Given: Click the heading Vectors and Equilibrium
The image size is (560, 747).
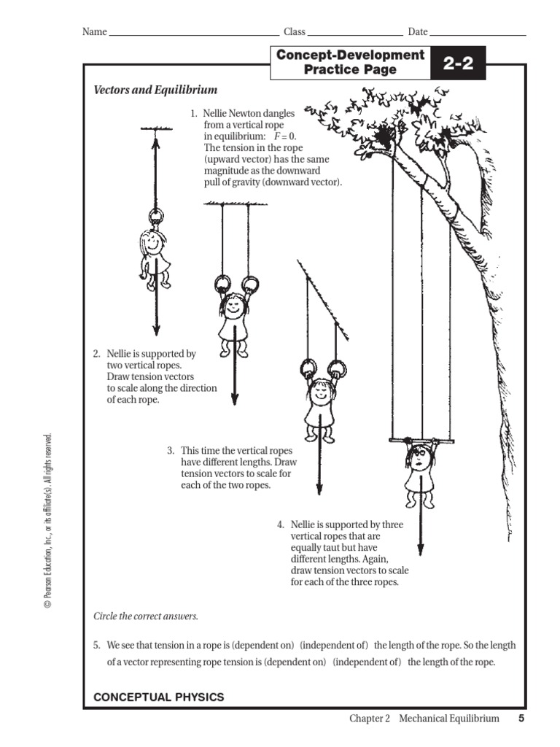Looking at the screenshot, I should tap(155, 90).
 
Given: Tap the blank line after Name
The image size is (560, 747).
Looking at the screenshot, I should tap(189, 34).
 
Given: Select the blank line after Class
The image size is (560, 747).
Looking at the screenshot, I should tap(355, 34).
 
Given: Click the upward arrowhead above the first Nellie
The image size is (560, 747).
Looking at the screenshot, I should tap(155, 141).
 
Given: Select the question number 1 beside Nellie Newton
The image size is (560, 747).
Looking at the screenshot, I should tap(194, 114).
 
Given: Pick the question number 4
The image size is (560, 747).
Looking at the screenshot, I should tap(281, 525).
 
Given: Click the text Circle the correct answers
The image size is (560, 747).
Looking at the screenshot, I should tap(146, 616).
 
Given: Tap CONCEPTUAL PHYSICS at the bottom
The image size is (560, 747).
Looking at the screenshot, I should tap(159, 697).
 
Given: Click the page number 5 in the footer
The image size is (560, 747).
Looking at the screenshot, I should tap(521, 719).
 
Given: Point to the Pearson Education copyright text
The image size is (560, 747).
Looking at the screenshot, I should tap(48, 521).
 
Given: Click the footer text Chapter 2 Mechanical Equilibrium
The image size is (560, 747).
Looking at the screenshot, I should tap(424, 719).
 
